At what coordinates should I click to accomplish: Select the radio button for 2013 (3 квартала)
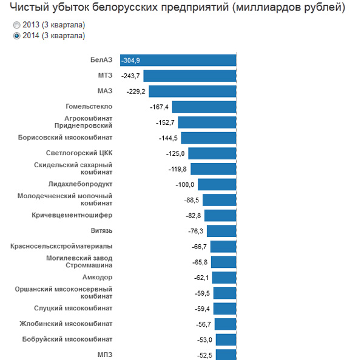pyautogui.click(x=16, y=25)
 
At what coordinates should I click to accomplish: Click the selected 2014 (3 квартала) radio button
pyautogui.click(x=16, y=36)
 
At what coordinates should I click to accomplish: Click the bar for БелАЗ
pyautogui.click(x=178, y=60)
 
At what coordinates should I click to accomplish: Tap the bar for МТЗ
pyautogui.click(x=189, y=76)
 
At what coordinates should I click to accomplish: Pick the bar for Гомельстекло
pyautogui.click(x=204, y=107)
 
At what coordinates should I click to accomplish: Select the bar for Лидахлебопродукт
pyautogui.click(x=217, y=184)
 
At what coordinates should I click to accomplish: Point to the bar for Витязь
pyautogui.click(x=221, y=231)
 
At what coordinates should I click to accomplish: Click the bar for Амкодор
pyautogui.click(x=224, y=278)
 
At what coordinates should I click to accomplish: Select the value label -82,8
pyautogui.click(x=192, y=215)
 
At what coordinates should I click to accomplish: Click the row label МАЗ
pyautogui.click(x=104, y=91)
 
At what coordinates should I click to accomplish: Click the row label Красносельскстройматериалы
pyautogui.click(x=61, y=246)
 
